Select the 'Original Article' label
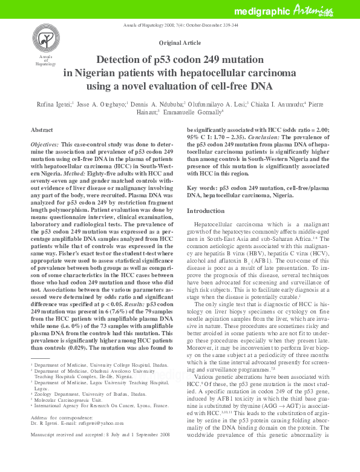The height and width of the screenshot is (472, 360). pyautogui.click(x=180, y=44)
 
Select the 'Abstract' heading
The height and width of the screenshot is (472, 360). pyautogui.click(x=42, y=129)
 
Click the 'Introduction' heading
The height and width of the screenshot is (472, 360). pyautogui.click(x=206, y=211)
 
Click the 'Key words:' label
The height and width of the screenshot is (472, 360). pyautogui.click(x=201, y=188)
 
